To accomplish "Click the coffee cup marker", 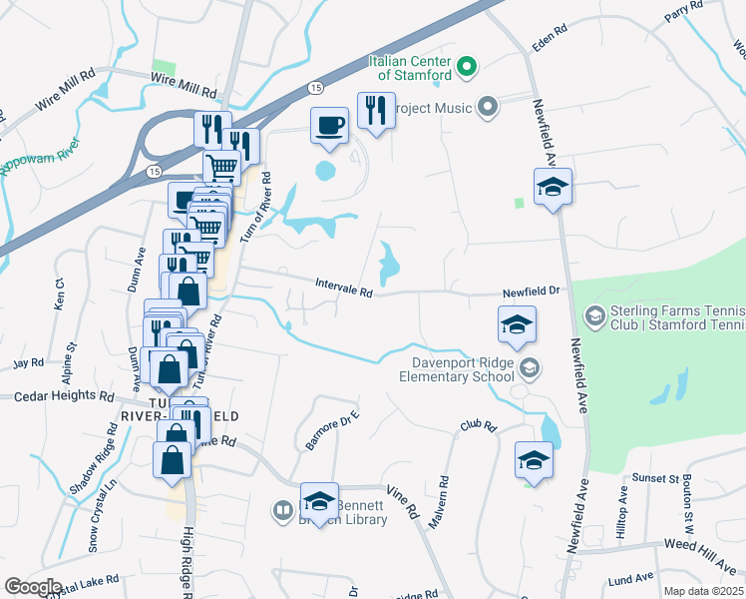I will coord(329,125).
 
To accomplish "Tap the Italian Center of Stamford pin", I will coord(467,70).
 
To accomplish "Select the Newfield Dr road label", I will coord(532,291).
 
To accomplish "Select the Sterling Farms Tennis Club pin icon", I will coord(594,316).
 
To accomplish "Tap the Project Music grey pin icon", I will coord(488,106).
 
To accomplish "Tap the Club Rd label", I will coord(478,425).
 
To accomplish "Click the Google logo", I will coord(33,587).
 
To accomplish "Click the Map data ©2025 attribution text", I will coord(703,591).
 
